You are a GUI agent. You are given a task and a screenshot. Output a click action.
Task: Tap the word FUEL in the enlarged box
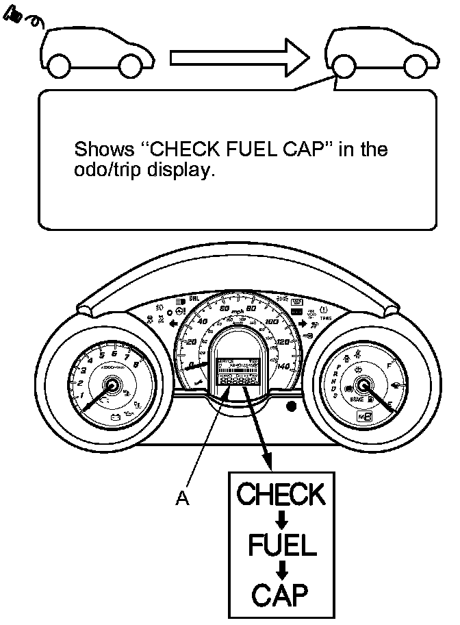(x=281, y=546)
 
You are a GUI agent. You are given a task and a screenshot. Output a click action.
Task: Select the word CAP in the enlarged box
(x=279, y=595)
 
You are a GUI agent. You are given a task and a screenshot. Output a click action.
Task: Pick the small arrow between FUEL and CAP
(x=281, y=570)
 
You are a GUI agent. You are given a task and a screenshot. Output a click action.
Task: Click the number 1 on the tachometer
(x=81, y=395)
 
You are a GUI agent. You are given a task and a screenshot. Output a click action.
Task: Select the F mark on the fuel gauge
(x=389, y=367)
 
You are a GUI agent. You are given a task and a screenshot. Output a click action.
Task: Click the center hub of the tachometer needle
(x=110, y=387)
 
